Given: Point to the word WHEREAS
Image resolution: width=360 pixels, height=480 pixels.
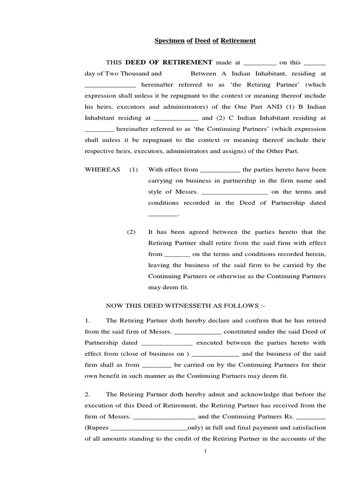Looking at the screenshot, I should coord(102,170).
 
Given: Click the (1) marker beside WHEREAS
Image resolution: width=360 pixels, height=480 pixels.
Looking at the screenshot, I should coord(134,170).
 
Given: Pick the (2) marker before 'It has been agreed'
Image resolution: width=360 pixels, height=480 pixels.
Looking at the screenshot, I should coord(131,232).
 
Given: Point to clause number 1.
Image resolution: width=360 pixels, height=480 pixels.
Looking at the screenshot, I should coord(87,321).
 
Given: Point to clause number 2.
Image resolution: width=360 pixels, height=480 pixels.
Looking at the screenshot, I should coord(87,395).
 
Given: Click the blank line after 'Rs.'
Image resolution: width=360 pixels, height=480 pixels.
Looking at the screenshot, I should coord(311,417).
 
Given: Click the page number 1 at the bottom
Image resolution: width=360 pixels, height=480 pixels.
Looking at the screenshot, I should coord(205,451).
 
